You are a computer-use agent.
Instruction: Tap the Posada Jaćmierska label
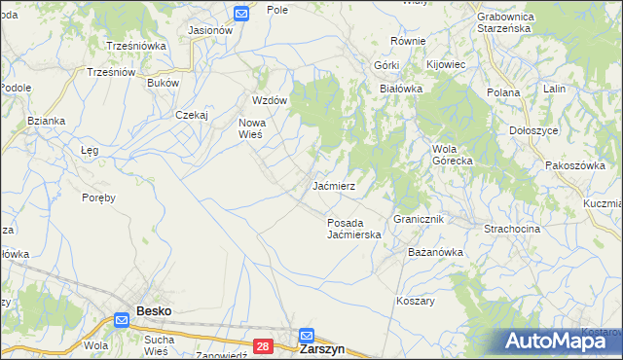click(352, 228)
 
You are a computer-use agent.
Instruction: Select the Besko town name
click(154, 311)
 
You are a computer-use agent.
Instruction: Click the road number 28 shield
click(263, 345)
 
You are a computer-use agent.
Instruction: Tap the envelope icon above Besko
click(122, 319)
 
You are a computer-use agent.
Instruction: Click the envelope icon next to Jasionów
click(242, 14)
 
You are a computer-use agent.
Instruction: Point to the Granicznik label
click(419, 220)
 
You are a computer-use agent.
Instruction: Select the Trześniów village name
click(110, 72)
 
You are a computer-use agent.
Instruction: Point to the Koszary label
click(415, 301)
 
